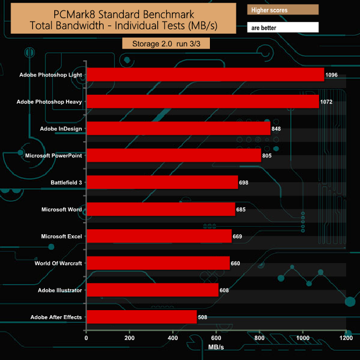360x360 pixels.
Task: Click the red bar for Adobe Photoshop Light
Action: (x=205, y=75)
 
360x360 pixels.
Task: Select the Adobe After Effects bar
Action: (x=142, y=317)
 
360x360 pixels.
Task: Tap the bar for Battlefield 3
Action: (x=162, y=182)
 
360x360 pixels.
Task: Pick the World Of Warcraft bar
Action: (x=158, y=263)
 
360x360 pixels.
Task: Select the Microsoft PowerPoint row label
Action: (x=54, y=156)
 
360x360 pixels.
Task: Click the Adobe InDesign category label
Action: (x=61, y=128)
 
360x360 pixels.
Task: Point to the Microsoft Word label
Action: (x=61, y=209)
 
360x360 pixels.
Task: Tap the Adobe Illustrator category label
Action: (x=60, y=290)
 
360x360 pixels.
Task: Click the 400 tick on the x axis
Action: (x=173, y=338)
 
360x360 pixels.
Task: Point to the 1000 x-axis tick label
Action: (x=302, y=338)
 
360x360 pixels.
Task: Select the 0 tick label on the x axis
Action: (x=86, y=338)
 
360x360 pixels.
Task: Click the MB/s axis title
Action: (x=216, y=347)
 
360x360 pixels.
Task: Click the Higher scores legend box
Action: (x=282, y=10)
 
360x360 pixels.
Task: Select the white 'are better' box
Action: (x=282, y=27)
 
